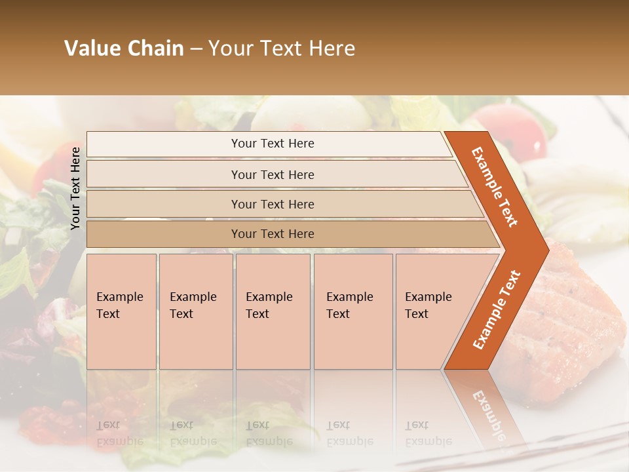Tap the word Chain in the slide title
tap(155, 49)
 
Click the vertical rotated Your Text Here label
tap(75, 189)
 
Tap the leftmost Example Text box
tap(121, 311)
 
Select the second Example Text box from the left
tap(195, 311)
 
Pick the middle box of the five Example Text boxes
tap(273, 311)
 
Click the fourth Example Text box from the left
tap(353, 311)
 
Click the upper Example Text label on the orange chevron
tap(495, 186)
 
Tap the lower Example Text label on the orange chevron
tap(496, 309)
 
